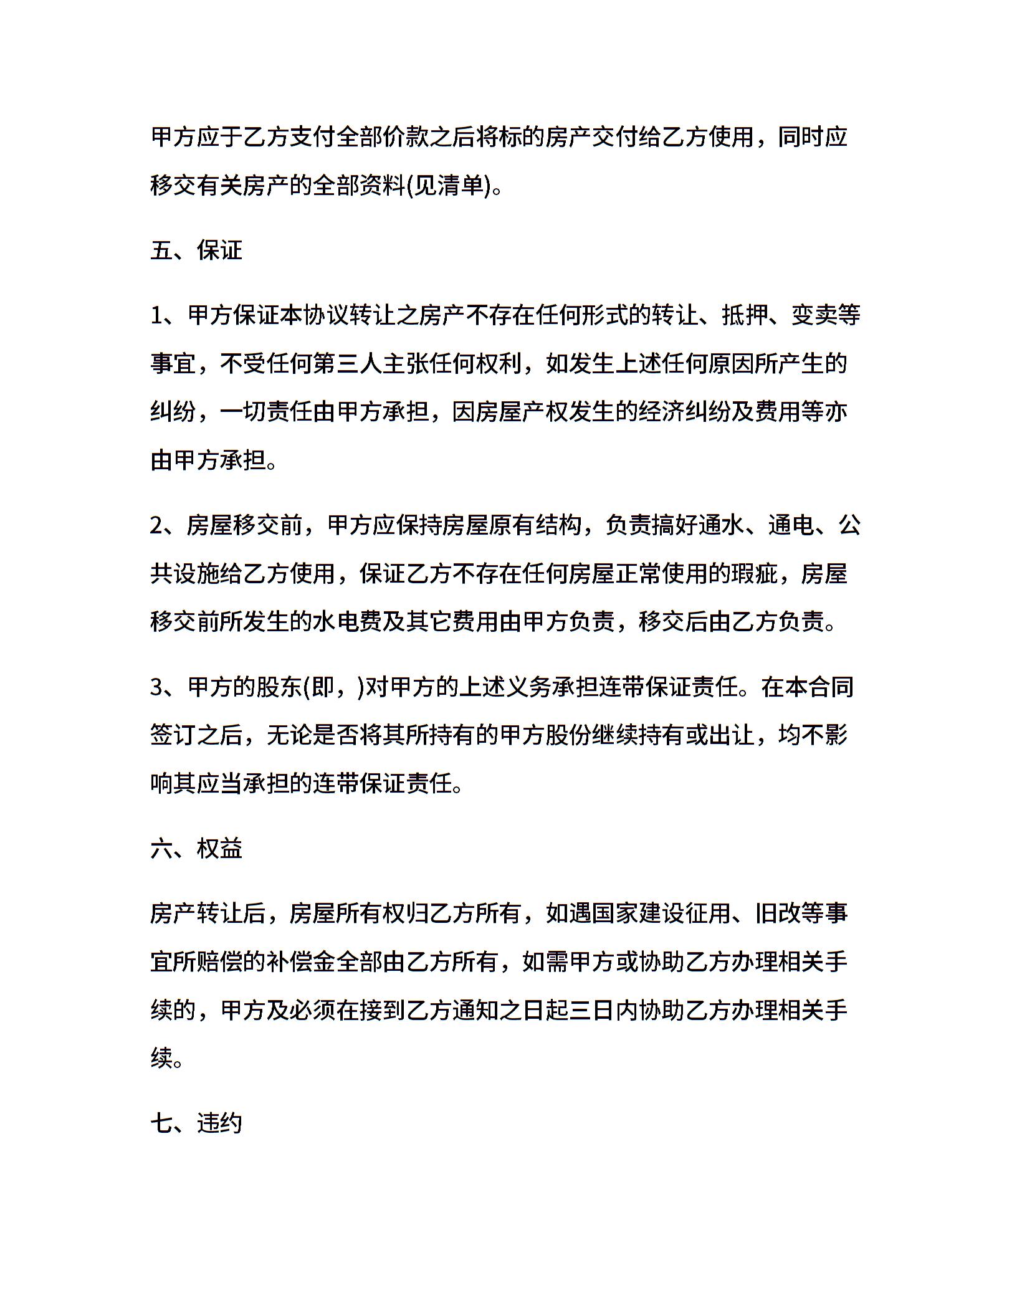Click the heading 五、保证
(x=196, y=250)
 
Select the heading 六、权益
(x=196, y=849)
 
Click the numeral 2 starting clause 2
(x=156, y=525)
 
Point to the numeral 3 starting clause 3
(x=156, y=687)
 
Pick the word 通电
(x=790, y=525)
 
